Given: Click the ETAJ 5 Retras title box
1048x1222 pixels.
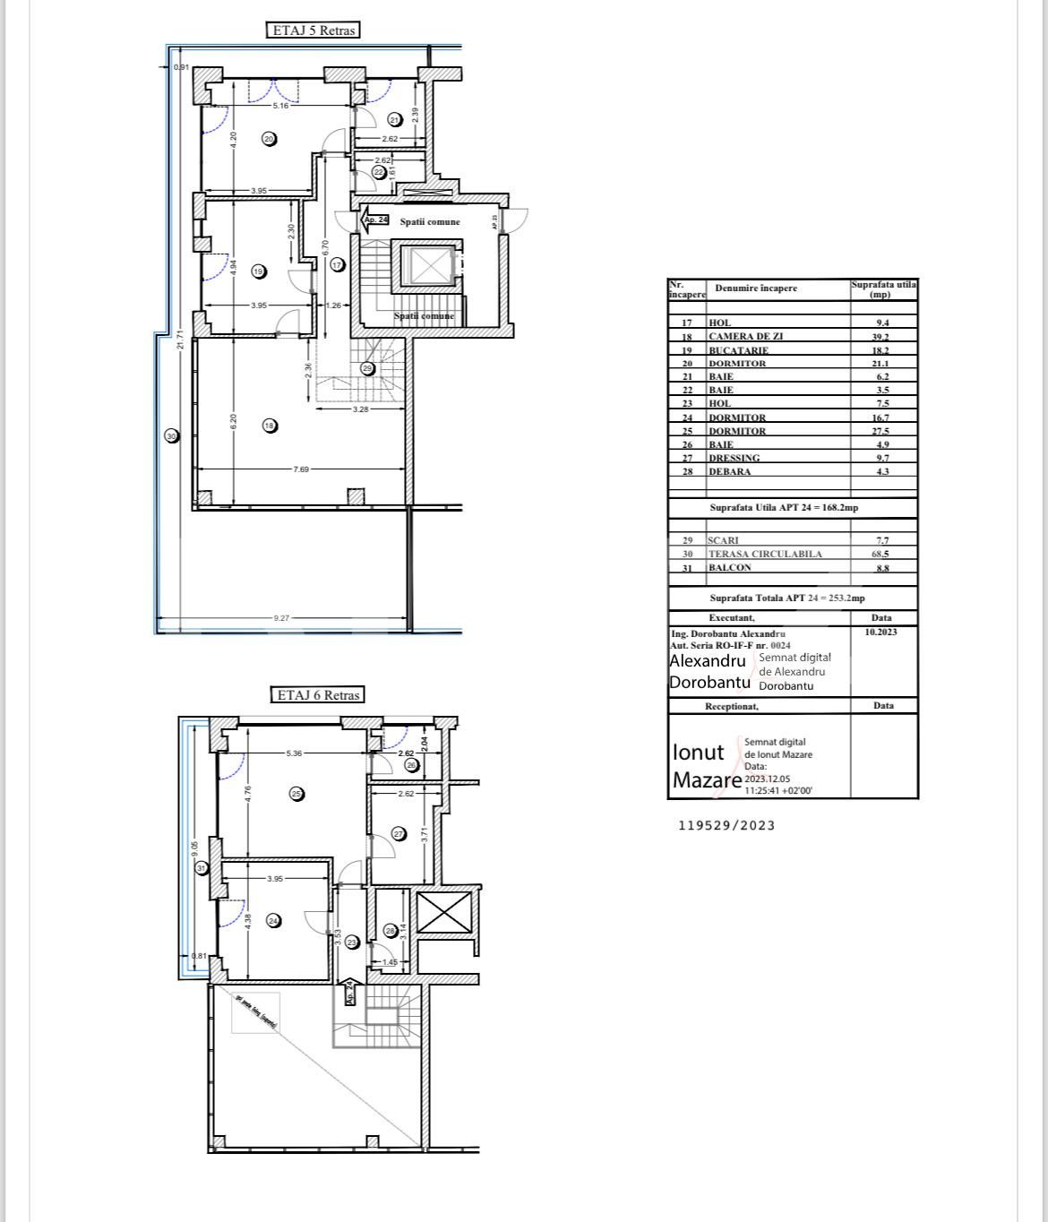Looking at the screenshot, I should pyautogui.click(x=314, y=30).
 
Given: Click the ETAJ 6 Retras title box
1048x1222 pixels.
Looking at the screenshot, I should pyautogui.click(x=318, y=695).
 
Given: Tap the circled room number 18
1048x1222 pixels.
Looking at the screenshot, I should pyautogui.click(x=270, y=426).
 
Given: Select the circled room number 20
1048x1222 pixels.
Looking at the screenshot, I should pyautogui.click(x=269, y=139).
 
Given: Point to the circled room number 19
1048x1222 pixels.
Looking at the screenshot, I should pyautogui.click(x=259, y=271).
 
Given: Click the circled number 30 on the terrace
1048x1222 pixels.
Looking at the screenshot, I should pyautogui.click(x=172, y=436).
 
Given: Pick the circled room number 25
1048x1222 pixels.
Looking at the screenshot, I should pyautogui.click(x=296, y=793).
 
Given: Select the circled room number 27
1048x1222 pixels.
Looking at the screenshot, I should pyautogui.click(x=399, y=834).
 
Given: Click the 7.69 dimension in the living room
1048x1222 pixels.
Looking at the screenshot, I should pyautogui.click(x=302, y=469).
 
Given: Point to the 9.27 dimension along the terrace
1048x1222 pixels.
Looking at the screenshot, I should pyautogui.click(x=282, y=617).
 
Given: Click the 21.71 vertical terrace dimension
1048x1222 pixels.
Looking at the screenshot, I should pyautogui.click(x=181, y=340).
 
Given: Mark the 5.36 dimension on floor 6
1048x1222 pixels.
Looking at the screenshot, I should pyautogui.click(x=294, y=753).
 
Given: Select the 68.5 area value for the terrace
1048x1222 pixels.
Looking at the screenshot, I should pyautogui.click(x=882, y=555).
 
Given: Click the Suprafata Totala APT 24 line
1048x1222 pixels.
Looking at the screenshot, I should pyautogui.click(x=786, y=598).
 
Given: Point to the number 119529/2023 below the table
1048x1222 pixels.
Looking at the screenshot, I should pyautogui.click(x=726, y=826).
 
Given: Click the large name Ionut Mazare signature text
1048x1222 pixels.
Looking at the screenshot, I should pyautogui.click(x=706, y=766).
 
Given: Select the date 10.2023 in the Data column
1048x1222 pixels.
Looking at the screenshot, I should pyautogui.click(x=880, y=632).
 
